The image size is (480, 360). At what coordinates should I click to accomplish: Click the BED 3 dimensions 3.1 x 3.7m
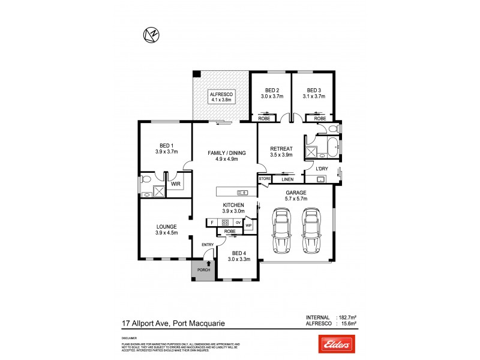pyautogui.click(x=314, y=96)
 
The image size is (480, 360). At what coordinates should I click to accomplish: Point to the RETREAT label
pyautogui.click(x=281, y=149)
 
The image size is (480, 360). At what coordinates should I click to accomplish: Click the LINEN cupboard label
pyautogui.click(x=287, y=179)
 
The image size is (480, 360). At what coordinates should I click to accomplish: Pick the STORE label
pyautogui.click(x=265, y=179)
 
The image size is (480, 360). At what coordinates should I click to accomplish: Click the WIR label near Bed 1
pyautogui.click(x=176, y=184)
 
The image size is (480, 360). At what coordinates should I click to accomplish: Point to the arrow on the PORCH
pyautogui.click(x=208, y=263)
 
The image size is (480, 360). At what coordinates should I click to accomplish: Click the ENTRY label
pyautogui.click(x=208, y=244)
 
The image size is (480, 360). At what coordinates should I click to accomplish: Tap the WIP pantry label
pyautogui.click(x=248, y=226)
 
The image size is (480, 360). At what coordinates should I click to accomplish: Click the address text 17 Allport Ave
pyautogui.click(x=142, y=325)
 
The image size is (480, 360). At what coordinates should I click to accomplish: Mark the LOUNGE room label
pyautogui.click(x=166, y=226)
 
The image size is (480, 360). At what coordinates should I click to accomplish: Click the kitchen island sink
pyautogui.click(x=243, y=193)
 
